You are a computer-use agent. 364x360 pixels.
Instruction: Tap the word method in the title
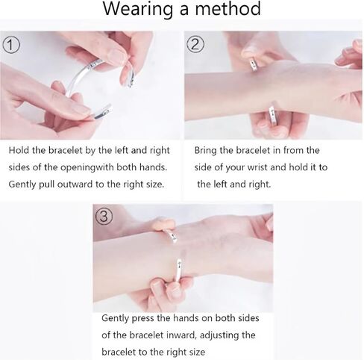228,8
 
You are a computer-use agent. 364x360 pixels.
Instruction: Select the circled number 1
11,46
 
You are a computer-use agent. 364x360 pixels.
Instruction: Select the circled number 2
195,45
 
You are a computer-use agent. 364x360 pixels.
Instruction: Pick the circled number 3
104,216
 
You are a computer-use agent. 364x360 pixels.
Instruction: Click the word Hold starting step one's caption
19,150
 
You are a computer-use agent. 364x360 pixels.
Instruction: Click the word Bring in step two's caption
206,151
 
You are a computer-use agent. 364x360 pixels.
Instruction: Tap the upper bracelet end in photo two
254,63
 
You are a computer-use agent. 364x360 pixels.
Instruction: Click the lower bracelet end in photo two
273,114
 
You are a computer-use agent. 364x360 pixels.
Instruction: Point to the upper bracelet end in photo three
172,236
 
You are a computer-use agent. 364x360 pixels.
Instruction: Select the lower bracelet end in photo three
179,270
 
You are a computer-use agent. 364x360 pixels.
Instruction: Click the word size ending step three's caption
197,352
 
